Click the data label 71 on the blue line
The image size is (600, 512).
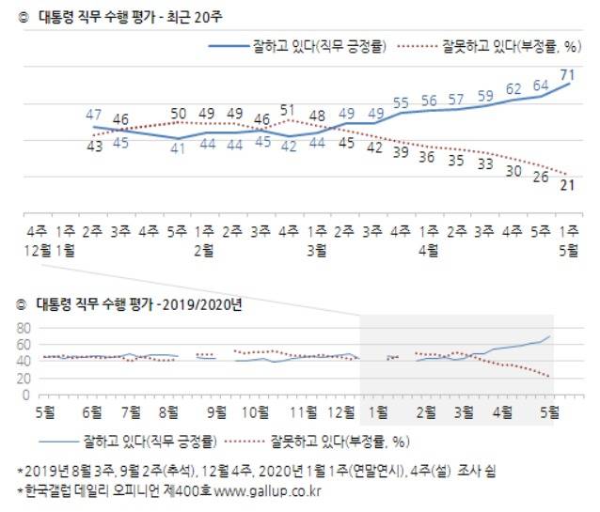(x=568, y=73)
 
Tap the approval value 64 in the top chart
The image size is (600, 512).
(x=540, y=86)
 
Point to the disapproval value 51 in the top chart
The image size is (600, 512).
(x=289, y=109)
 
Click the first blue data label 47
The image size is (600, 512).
(x=94, y=116)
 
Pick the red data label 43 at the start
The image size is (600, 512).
(x=94, y=146)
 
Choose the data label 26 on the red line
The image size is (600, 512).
(x=540, y=176)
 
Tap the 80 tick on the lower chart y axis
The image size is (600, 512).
(x=25, y=329)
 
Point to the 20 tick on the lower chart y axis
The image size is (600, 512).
(x=25, y=379)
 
